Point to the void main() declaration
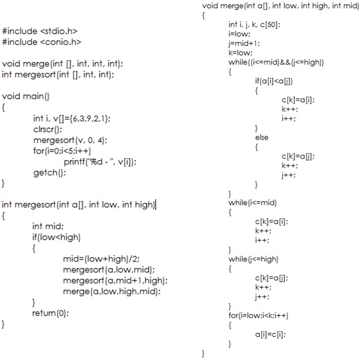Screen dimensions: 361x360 [26, 96]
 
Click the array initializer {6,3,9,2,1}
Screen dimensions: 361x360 [88, 118]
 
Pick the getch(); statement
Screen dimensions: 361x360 [49, 173]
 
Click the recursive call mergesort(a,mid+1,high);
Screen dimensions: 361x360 [115, 280]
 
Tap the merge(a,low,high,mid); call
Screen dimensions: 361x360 [112, 291]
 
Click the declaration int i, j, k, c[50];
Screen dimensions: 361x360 [254, 24]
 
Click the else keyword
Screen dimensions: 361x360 [262, 137]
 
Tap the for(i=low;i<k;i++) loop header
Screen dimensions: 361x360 [259, 315]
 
